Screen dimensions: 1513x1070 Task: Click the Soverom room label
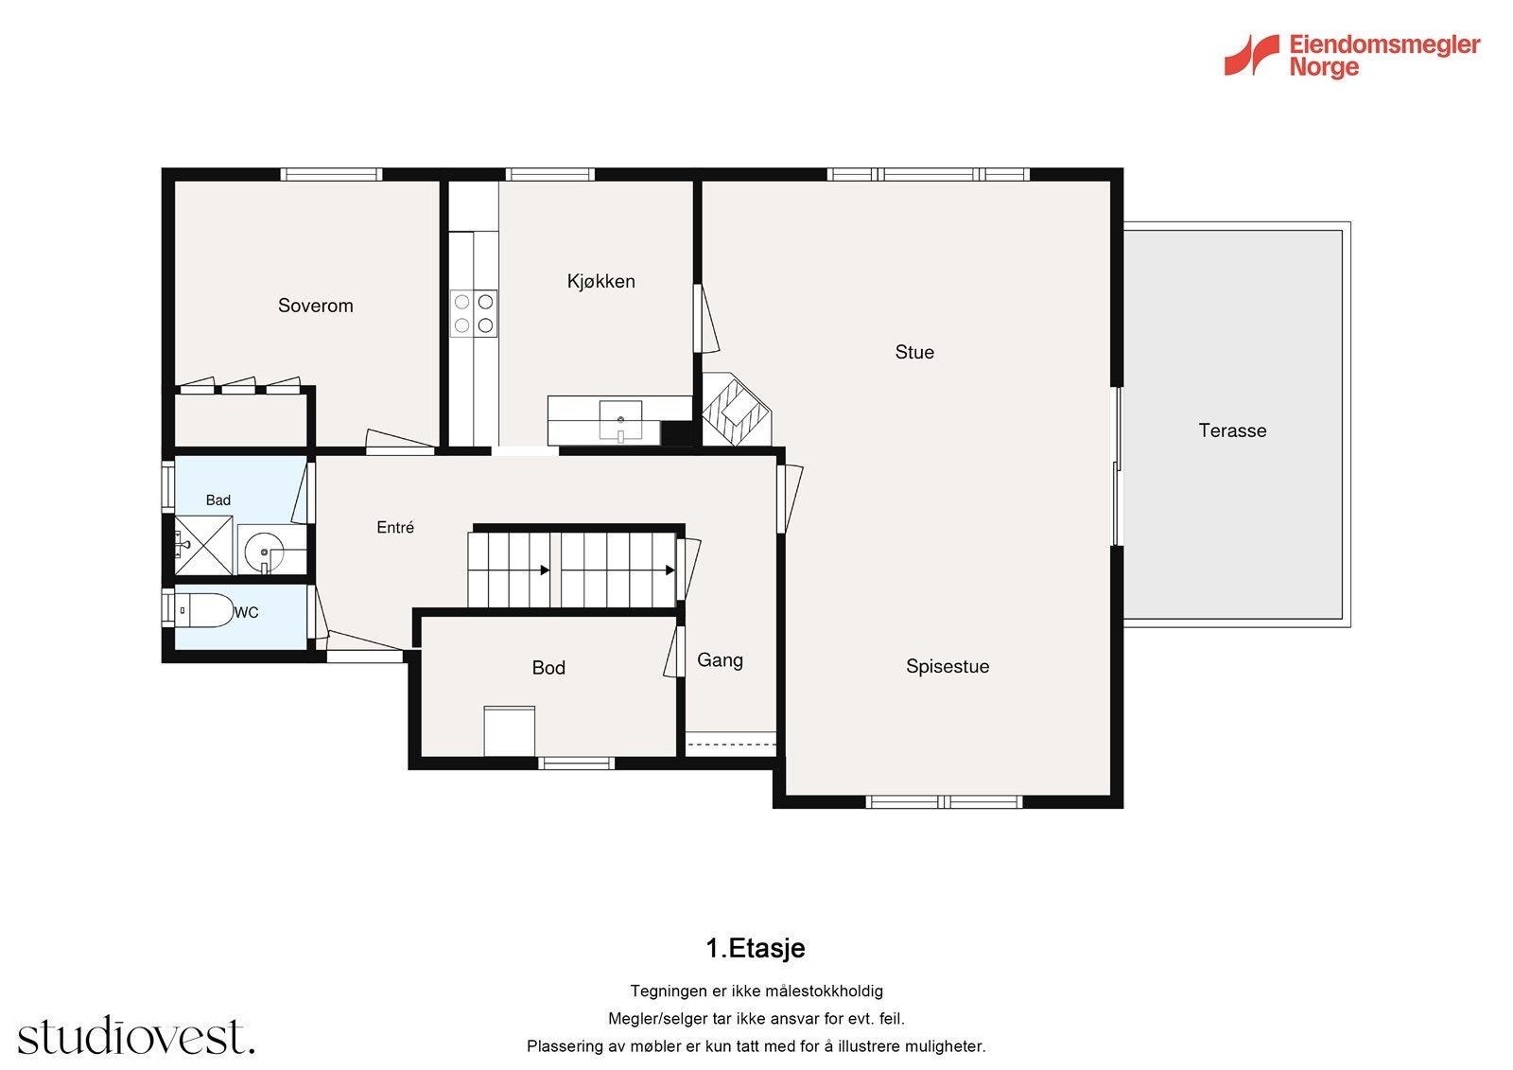click(x=316, y=306)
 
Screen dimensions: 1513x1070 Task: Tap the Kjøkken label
click(x=601, y=281)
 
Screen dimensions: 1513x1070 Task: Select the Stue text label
click(x=914, y=352)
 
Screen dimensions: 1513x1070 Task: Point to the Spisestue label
click(x=948, y=666)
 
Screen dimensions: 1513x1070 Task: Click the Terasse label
click(x=1233, y=430)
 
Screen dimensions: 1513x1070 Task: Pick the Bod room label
click(x=548, y=668)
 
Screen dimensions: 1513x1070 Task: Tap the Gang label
click(x=720, y=660)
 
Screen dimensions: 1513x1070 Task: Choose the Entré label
click(x=395, y=527)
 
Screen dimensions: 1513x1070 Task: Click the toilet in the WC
click(x=203, y=610)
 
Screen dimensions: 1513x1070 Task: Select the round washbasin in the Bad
click(x=264, y=552)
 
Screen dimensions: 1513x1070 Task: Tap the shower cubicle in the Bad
click(x=203, y=546)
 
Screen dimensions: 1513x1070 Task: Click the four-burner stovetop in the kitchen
click(x=474, y=314)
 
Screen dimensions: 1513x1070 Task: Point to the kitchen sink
click(x=620, y=420)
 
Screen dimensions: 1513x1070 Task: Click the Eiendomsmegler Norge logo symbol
click(x=1252, y=55)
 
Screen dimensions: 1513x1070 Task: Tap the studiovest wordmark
click(x=136, y=1036)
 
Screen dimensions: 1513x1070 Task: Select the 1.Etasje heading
click(x=756, y=948)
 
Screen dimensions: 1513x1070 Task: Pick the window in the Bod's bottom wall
click(x=576, y=763)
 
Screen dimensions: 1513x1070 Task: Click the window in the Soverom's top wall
click(x=331, y=174)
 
